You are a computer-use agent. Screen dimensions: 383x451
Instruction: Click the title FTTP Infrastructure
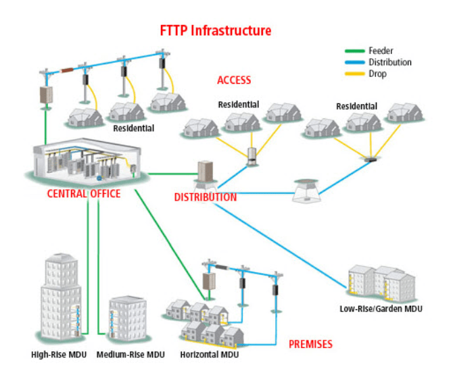coord(216,31)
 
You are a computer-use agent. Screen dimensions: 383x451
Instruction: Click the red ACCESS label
coord(234,80)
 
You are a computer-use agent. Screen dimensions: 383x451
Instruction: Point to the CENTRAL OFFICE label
coord(84,194)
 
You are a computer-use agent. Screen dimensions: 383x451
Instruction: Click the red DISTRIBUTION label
coord(206,197)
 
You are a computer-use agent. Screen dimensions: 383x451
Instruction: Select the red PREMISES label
coord(310,344)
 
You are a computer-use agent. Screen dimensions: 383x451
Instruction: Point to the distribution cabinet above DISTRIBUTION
coord(204,173)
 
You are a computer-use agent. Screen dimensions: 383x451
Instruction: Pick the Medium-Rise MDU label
coord(130,355)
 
